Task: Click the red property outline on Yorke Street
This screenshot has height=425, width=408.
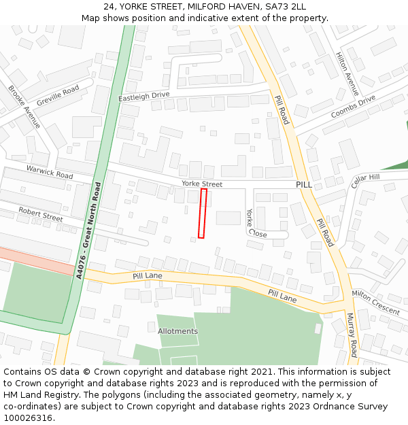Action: pyautogui.click(x=202, y=214)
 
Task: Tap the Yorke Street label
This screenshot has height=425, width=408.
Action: pyautogui.click(x=202, y=184)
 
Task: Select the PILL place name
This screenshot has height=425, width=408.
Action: pyautogui.click(x=303, y=184)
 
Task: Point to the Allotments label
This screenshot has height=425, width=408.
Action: pyautogui.click(x=177, y=331)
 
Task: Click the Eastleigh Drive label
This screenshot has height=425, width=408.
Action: pyautogui.click(x=143, y=97)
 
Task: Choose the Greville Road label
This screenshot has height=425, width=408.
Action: pyautogui.click(x=58, y=95)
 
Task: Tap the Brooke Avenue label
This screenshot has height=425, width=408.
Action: pyautogui.click(x=24, y=107)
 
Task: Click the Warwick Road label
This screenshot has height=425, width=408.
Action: pyautogui.click(x=50, y=171)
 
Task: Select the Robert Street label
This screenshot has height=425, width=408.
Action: pyautogui.click(x=41, y=214)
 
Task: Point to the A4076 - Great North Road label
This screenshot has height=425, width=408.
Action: pyautogui.click(x=88, y=231)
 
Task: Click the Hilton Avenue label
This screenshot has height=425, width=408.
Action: pyautogui.click(x=347, y=74)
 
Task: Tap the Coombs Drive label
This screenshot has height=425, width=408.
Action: pyautogui.click(x=353, y=106)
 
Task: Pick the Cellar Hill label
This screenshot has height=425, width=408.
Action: pyautogui.click(x=365, y=181)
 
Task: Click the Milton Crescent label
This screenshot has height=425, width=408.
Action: pyautogui.click(x=375, y=302)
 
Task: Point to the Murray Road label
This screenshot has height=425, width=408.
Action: pyautogui.click(x=352, y=335)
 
